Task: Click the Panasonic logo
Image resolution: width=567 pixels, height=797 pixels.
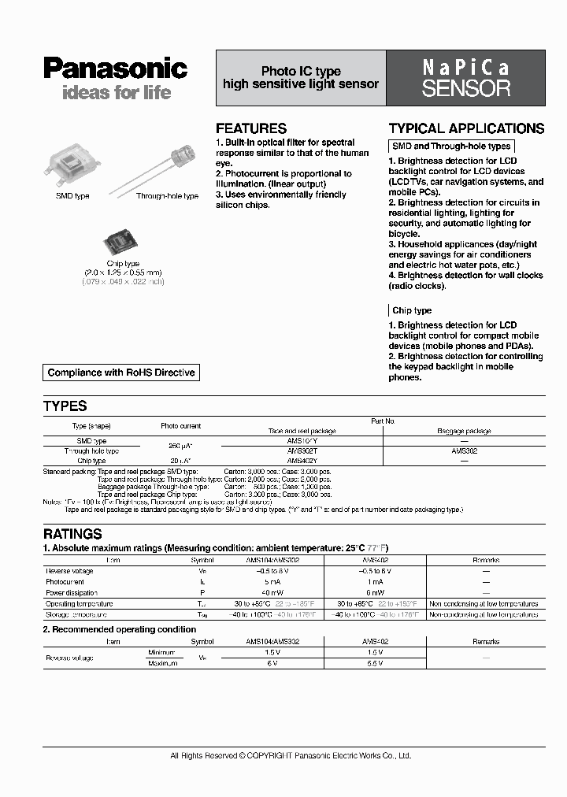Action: (x=115, y=69)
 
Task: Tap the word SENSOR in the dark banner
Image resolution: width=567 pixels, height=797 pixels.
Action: (x=465, y=89)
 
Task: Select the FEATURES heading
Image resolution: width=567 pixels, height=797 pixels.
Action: (x=251, y=128)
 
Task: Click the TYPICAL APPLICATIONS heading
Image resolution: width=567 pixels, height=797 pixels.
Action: (x=466, y=128)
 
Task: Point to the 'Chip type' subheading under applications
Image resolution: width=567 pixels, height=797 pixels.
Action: (x=412, y=310)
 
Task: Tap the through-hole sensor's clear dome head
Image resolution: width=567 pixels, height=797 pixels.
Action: (x=188, y=152)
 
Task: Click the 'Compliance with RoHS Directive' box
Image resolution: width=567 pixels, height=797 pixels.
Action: (x=121, y=373)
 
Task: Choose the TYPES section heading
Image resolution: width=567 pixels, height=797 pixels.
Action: (x=65, y=406)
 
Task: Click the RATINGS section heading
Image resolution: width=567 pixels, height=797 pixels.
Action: (x=72, y=534)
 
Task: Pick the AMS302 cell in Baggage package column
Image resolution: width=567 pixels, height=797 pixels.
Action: (x=463, y=451)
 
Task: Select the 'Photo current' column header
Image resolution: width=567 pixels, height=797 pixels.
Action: (x=181, y=426)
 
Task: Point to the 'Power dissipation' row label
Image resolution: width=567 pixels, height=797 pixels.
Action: (x=72, y=592)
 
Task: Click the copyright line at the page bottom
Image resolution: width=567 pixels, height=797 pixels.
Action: (x=291, y=756)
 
